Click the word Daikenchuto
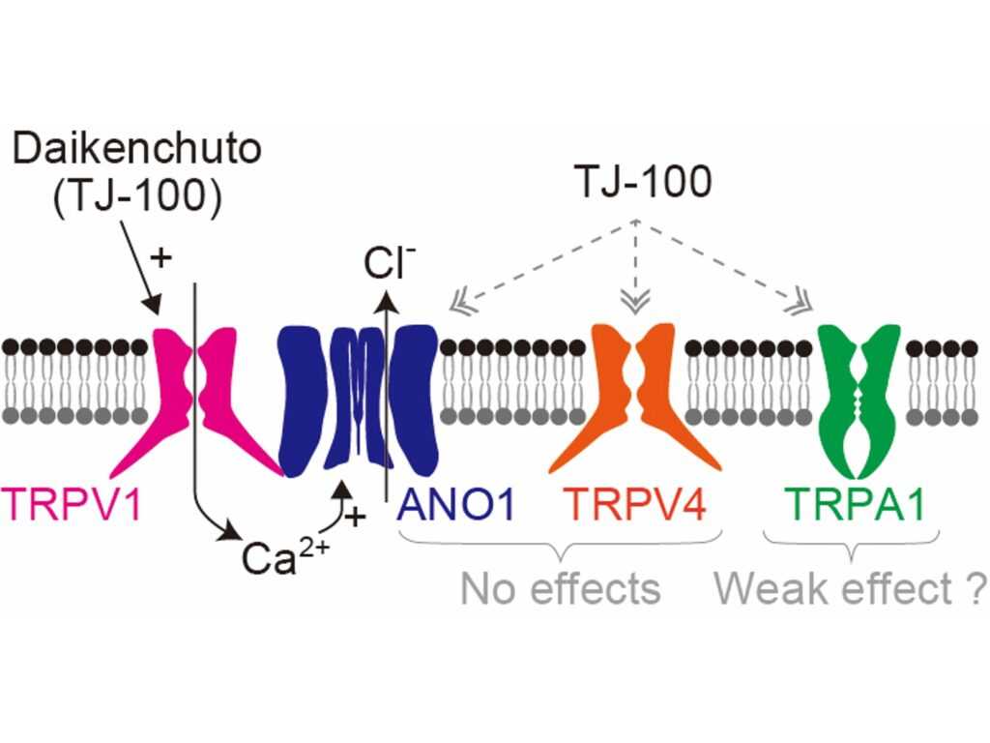click(x=137, y=150)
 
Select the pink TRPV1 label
click(x=71, y=504)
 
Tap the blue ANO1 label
click(x=456, y=504)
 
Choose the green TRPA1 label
click(x=857, y=504)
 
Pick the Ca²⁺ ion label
click(x=285, y=556)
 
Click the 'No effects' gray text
click(x=561, y=588)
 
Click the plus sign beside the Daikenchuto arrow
click(x=161, y=257)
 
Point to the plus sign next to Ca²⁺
click(x=356, y=518)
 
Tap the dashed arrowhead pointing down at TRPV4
click(x=635, y=302)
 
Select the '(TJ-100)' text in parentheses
click(x=137, y=197)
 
